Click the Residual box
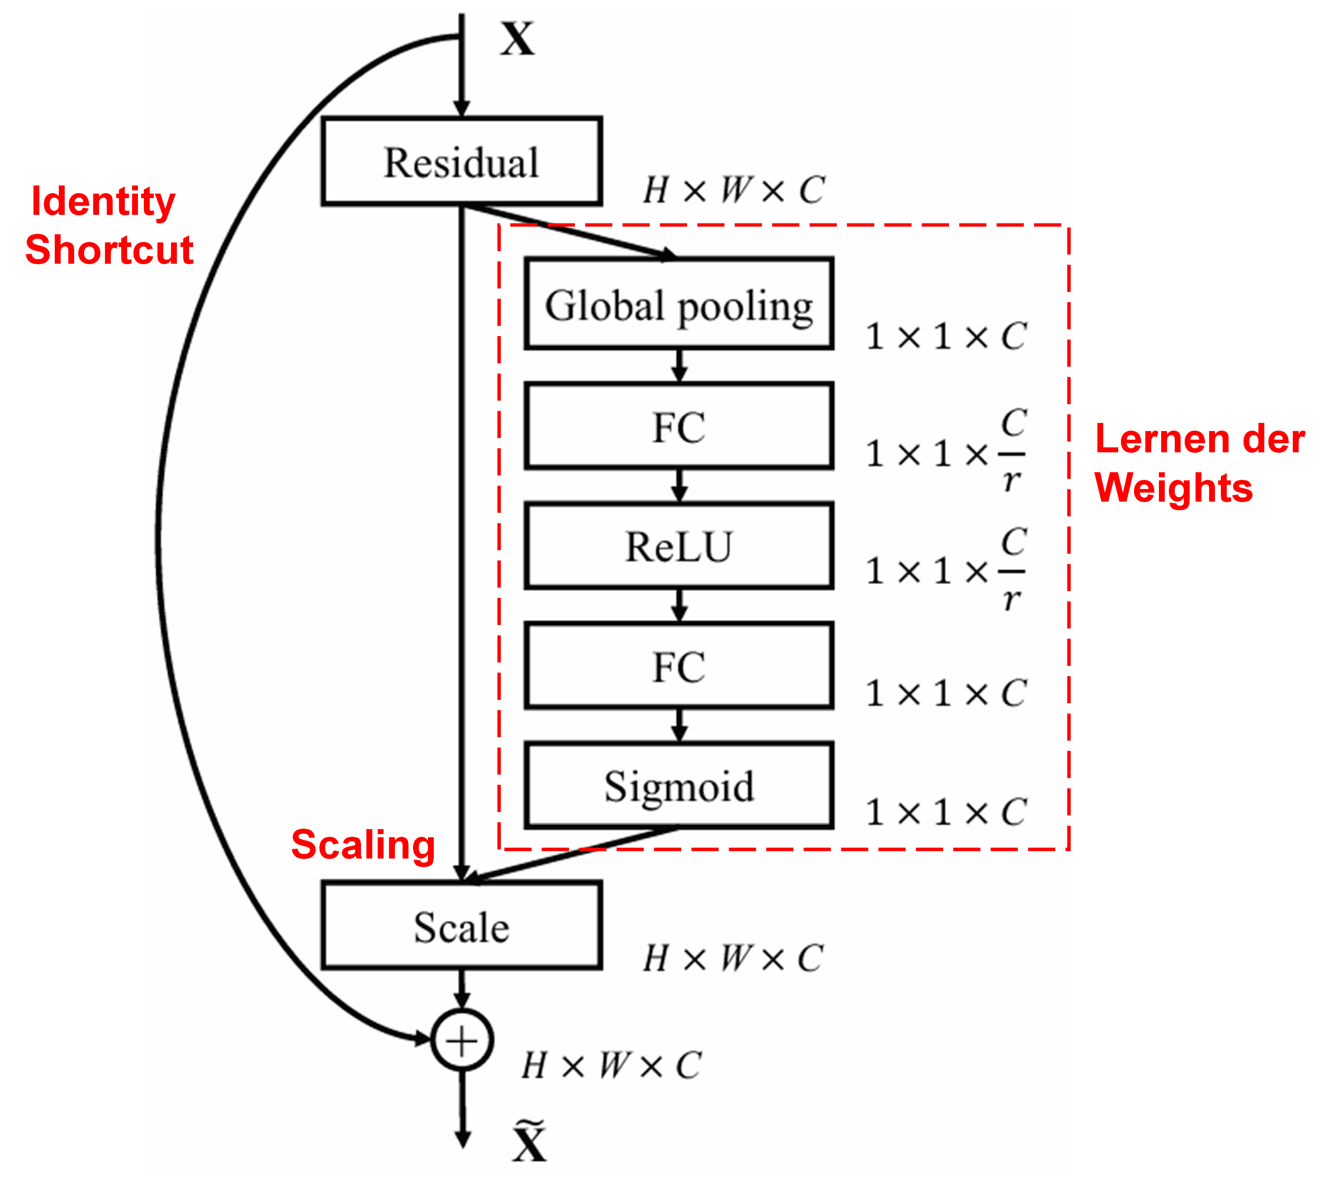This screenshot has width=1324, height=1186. click(461, 161)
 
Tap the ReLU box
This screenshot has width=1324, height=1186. click(679, 546)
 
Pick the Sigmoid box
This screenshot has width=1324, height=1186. click(679, 785)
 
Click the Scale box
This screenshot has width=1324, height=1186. click(461, 926)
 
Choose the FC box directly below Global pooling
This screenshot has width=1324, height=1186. click(679, 426)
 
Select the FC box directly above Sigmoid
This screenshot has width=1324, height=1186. click(679, 665)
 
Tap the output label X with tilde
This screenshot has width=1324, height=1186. click(528, 1142)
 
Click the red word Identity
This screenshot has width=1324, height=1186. click(103, 201)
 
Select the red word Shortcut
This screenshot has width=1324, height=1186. click(109, 250)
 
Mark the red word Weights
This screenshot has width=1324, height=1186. click(1173, 488)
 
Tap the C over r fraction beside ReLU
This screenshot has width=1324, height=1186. click(1012, 571)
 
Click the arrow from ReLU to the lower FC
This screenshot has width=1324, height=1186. click(679, 605)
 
